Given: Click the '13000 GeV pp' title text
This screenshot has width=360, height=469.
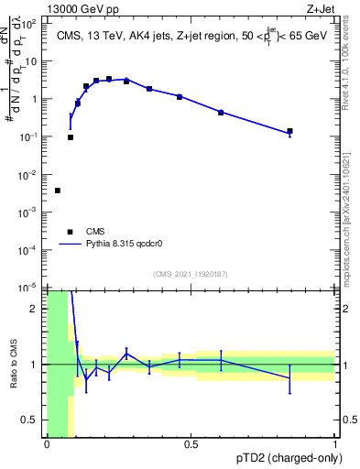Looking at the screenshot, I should coord(80,7).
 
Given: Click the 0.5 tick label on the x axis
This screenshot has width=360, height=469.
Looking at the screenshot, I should coord(191,444).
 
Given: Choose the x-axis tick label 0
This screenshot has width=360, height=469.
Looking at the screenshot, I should coord(47,444).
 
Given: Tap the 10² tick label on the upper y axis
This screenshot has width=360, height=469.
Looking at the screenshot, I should coord(29,25).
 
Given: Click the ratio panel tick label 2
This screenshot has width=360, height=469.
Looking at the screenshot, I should coord(35,309).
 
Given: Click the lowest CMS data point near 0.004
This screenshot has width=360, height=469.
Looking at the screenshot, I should coord(58,191).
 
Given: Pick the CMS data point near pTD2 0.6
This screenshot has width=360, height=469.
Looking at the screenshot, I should coord(221,112).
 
